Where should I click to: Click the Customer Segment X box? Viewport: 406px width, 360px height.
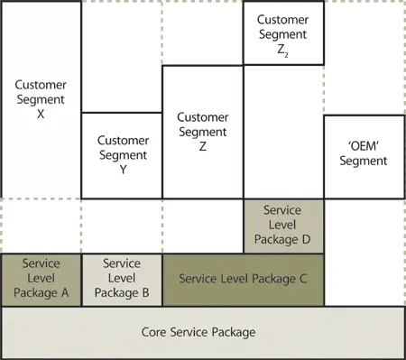pyautogui.click(x=41, y=99)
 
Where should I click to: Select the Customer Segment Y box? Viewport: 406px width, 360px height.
pyautogui.click(x=122, y=155)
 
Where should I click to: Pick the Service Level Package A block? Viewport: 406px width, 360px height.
pyautogui.click(x=41, y=280)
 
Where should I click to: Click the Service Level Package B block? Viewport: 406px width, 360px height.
pyautogui.click(x=122, y=280)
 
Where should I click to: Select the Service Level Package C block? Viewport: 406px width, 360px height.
pyautogui.click(x=244, y=280)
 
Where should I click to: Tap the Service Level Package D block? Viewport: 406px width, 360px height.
pyautogui.click(x=283, y=226)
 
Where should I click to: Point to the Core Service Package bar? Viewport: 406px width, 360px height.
pyautogui.click(x=203, y=333)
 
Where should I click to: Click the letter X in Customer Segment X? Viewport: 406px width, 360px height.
pyautogui.click(x=41, y=115)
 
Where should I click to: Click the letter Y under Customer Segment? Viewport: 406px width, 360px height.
pyautogui.click(x=122, y=169)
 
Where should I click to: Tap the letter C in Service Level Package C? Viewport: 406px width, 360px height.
pyautogui.click(x=303, y=280)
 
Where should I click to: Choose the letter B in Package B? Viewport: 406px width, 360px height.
pyautogui.click(x=145, y=293)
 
